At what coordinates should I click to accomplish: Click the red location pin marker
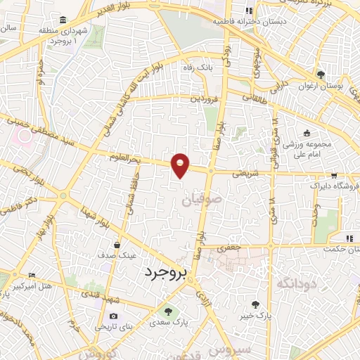tap(181, 165)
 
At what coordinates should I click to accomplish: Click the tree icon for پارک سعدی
tap(167, 310)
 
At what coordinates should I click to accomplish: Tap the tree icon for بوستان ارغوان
tap(321, 75)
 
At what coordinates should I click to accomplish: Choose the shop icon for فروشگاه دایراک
tap(334, 177)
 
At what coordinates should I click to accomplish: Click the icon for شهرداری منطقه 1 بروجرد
tap(64, 19)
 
